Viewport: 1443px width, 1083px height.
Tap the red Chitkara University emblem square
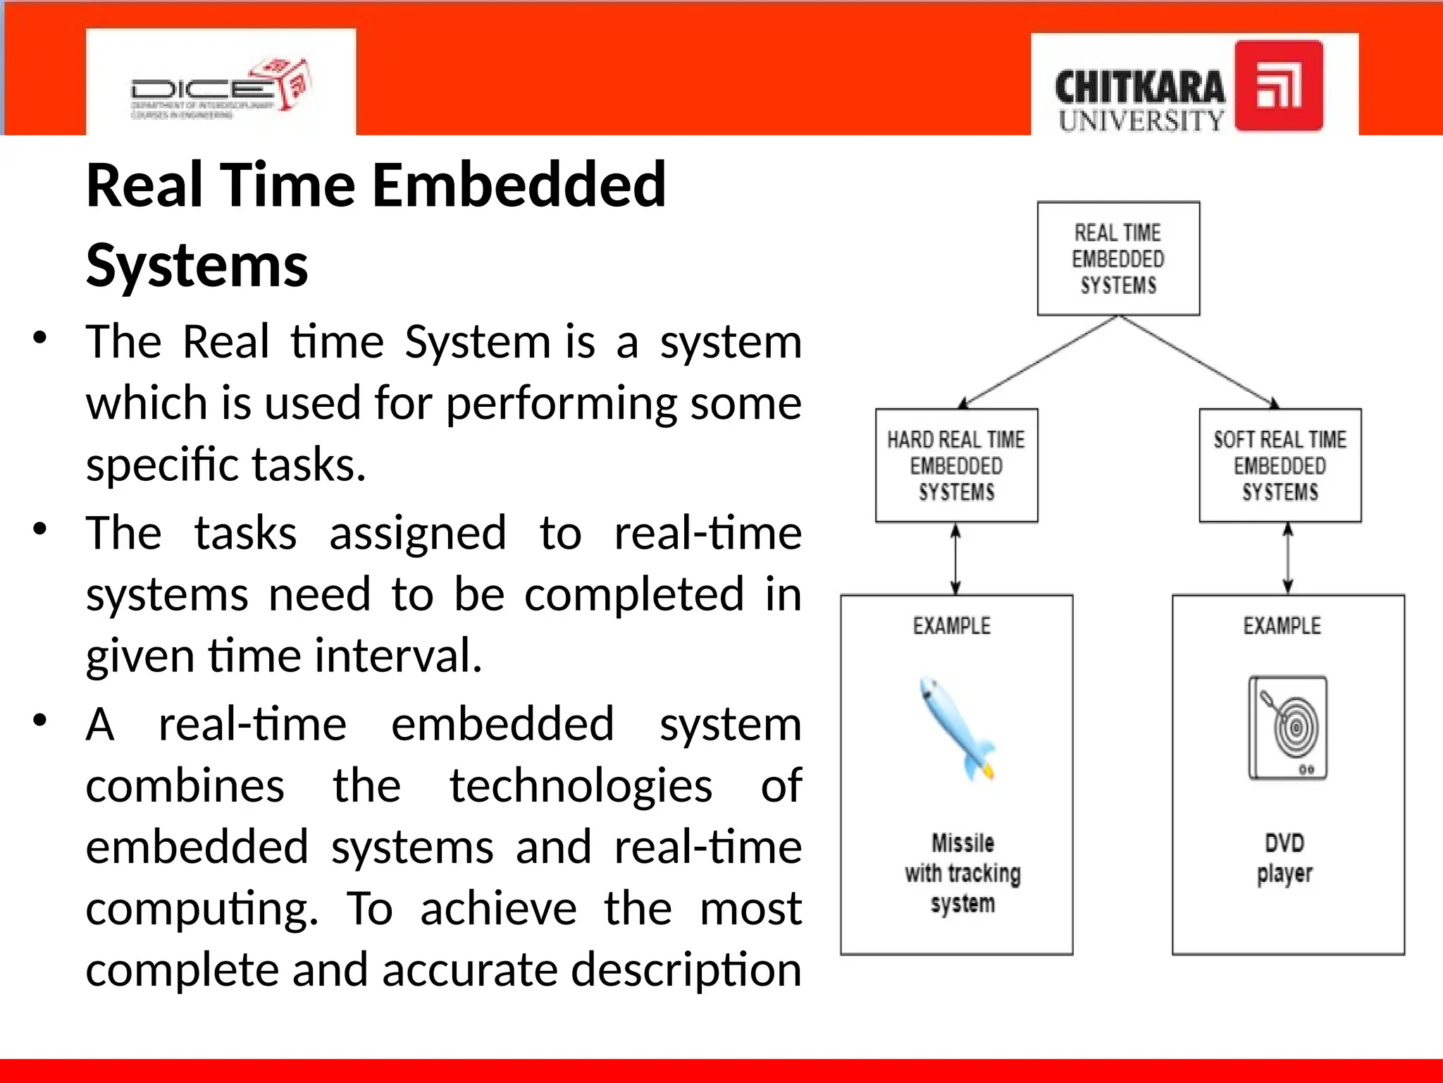[1278, 85]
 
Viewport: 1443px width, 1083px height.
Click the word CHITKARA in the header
[1139, 88]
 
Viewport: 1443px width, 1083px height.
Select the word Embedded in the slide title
[519, 185]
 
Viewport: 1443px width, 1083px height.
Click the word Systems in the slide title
[197, 266]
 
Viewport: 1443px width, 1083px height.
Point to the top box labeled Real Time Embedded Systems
[1118, 259]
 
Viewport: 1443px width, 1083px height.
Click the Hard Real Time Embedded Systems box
[956, 465]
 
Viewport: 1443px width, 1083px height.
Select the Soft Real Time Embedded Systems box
[1280, 465]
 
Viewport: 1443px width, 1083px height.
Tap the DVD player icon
[1287, 728]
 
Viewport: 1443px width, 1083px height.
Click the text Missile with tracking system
[962, 873]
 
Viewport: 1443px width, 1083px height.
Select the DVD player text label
[1284, 858]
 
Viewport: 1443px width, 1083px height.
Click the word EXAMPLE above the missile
[951, 625]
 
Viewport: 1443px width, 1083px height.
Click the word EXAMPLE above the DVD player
[1282, 625]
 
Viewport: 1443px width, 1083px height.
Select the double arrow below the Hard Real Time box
[955, 559]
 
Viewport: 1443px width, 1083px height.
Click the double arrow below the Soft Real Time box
[1287, 559]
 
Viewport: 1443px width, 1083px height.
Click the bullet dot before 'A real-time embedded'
[40, 721]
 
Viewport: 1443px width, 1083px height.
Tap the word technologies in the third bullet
[581, 785]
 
